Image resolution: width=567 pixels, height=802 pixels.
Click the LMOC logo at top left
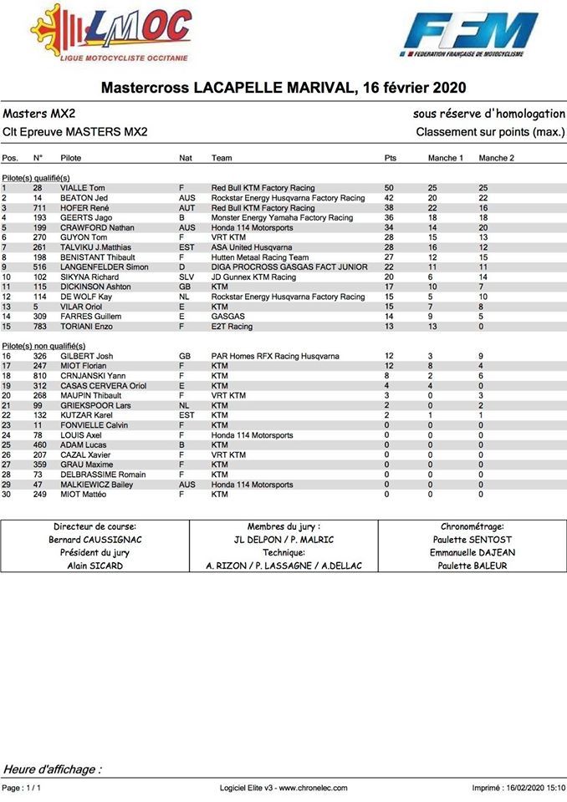pyautogui.click(x=109, y=33)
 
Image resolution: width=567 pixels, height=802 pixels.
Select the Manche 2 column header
pyautogui.click(x=496, y=158)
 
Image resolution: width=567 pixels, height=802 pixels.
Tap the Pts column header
pyautogui.click(x=390, y=158)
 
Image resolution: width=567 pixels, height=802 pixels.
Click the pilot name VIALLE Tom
pyautogui.click(x=83, y=188)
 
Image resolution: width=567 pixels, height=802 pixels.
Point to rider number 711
pyautogui.click(x=38, y=208)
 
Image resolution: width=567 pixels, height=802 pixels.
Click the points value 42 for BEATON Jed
pyautogui.click(x=389, y=198)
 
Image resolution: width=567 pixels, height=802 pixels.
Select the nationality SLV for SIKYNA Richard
pyautogui.click(x=186, y=277)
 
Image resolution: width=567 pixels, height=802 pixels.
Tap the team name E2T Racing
pyautogui.click(x=232, y=326)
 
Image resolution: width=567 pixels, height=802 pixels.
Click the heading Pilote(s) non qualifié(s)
pyautogui.click(x=43, y=345)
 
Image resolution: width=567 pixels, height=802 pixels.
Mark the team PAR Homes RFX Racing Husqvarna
pyautogui.click(x=275, y=356)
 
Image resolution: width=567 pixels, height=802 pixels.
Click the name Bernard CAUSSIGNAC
pyautogui.click(x=94, y=540)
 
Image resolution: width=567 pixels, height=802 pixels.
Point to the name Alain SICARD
pyautogui.click(x=94, y=566)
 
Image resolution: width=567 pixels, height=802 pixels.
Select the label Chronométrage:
pyautogui.click(x=472, y=526)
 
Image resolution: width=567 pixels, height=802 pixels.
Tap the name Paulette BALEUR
pyautogui.click(x=472, y=566)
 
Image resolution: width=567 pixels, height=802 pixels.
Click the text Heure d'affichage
pyautogui.click(x=53, y=769)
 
